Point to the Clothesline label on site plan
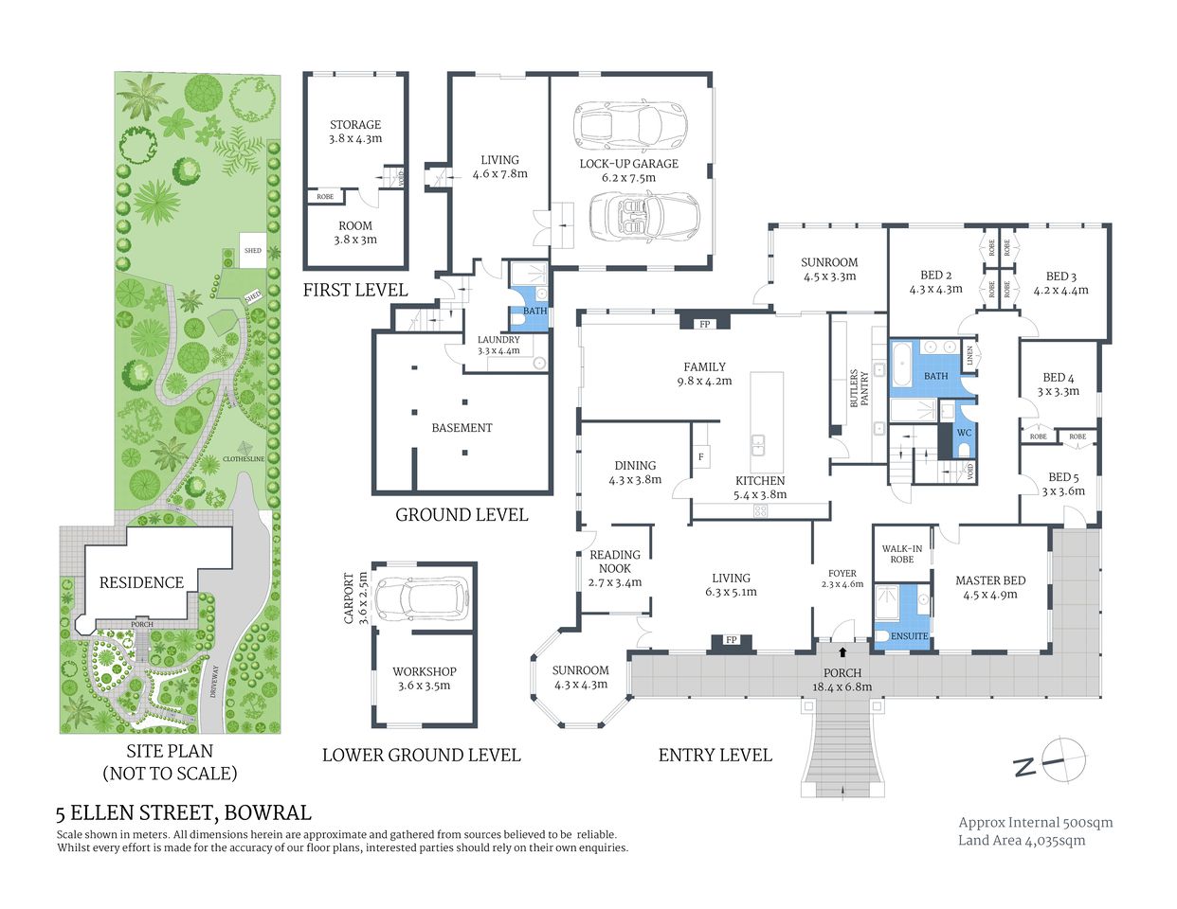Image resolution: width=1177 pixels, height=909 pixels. pyautogui.click(x=244, y=459)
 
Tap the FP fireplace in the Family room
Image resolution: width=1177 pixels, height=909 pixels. pyautogui.click(x=704, y=324)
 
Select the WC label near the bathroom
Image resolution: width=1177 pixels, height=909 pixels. pyautogui.click(x=964, y=433)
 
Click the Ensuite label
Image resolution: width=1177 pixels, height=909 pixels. pyautogui.click(x=909, y=636)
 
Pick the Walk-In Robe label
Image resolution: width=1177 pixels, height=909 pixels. pyautogui.click(x=901, y=554)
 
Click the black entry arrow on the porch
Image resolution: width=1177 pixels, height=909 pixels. pyautogui.click(x=842, y=651)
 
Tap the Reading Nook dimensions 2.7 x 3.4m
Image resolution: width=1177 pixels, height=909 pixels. pyautogui.click(x=615, y=582)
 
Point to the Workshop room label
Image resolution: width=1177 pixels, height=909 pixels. pyautogui.click(x=424, y=671)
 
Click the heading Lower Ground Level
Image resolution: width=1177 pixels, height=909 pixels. pyautogui.click(x=421, y=755)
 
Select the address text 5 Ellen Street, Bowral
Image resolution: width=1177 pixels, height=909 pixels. pyautogui.click(x=183, y=812)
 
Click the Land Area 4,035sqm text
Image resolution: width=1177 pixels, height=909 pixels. pyautogui.click(x=1022, y=840)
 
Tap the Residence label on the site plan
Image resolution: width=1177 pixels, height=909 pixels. pyautogui.click(x=141, y=582)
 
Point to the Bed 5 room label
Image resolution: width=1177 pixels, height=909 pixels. pyautogui.click(x=1062, y=477)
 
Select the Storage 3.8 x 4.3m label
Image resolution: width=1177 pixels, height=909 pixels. pyautogui.click(x=355, y=132)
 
